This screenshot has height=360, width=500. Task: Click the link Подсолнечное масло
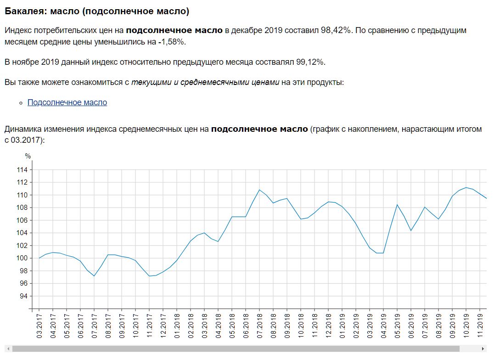[67, 102]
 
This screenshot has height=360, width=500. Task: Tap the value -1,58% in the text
[171, 42]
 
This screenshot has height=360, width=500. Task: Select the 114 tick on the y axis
[22, 170]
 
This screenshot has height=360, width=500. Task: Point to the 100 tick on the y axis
[22, 258]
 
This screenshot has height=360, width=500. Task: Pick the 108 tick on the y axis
[22, 208]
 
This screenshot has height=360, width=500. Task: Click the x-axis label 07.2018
[259, 326]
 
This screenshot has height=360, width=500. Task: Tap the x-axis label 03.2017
[39, 326]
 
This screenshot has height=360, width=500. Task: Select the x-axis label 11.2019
[480, 326]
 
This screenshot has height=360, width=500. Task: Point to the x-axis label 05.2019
[397, 326]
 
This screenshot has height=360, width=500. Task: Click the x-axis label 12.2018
[328, 326]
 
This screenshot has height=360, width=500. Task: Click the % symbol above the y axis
[28, 156]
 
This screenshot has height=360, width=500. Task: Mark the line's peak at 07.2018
[259, 190]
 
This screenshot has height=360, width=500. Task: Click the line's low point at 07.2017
[94, 276]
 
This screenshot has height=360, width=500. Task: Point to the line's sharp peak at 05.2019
[397, 204]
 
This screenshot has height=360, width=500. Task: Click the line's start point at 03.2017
[39, 258]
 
